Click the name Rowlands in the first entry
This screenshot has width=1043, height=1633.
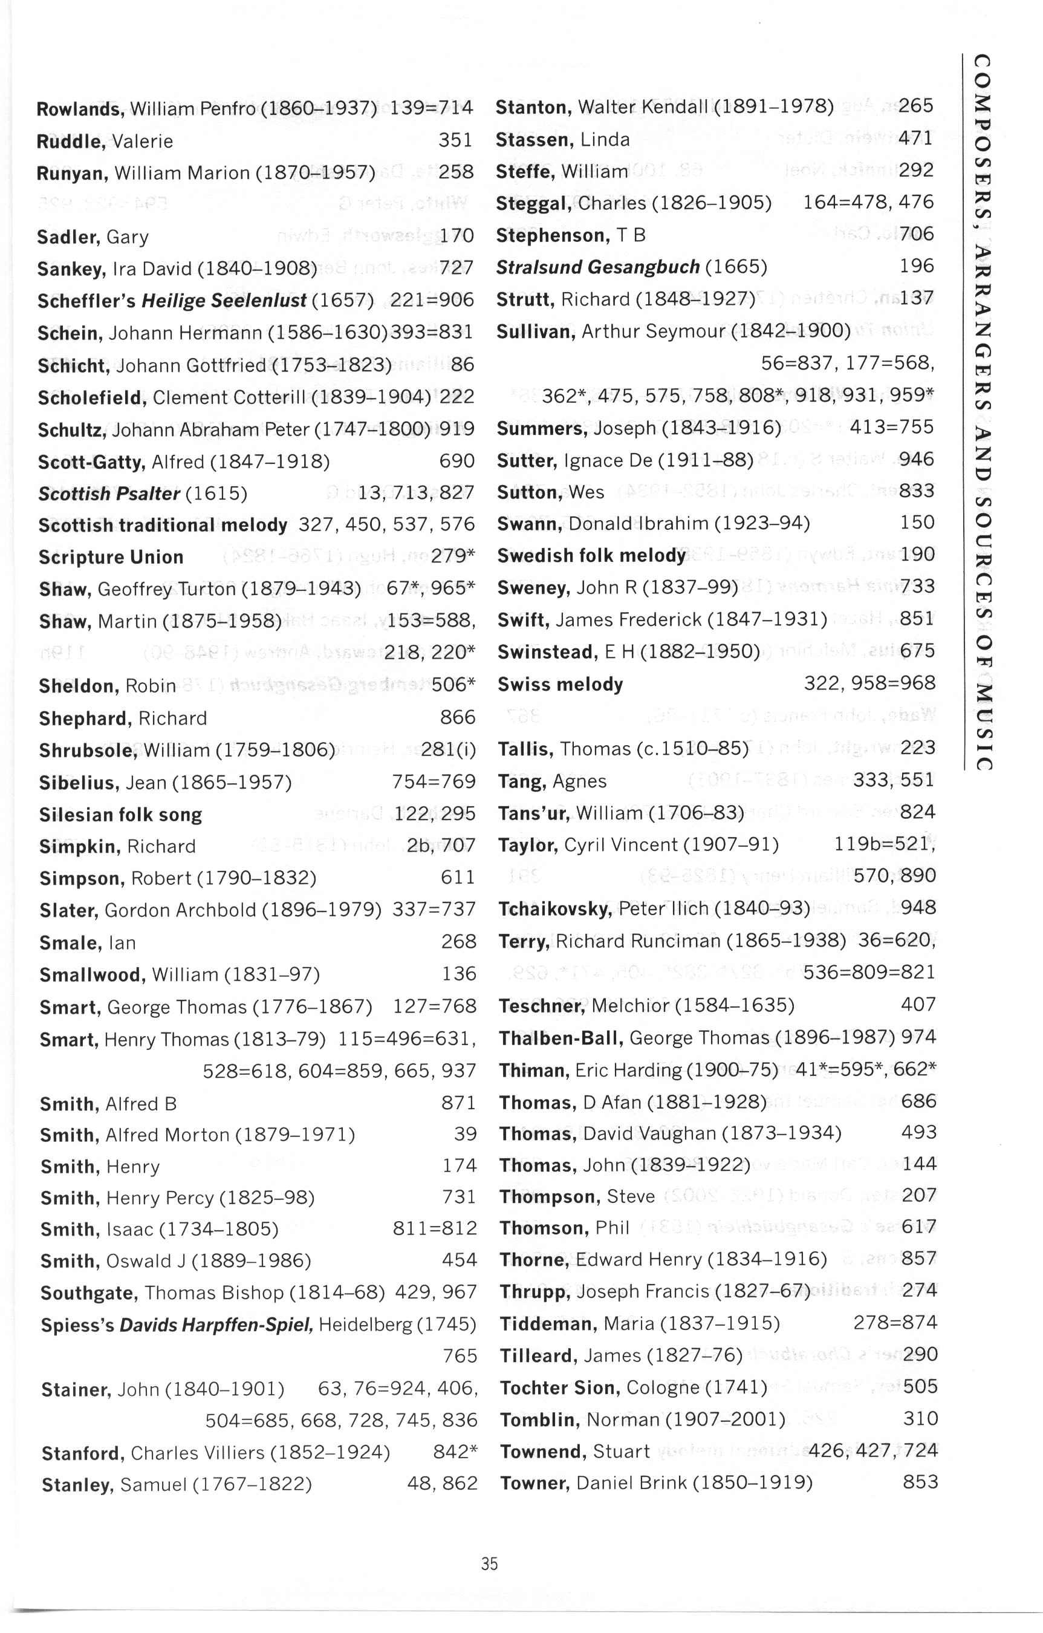80,108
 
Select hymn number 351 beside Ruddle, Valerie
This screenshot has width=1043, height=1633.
455,140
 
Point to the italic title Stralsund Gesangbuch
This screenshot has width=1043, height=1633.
597,267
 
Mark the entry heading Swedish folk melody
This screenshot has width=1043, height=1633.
591,555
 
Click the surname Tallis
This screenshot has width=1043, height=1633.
525,749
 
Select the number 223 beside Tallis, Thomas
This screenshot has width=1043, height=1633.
918,748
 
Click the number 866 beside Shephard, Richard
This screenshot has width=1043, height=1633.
458,717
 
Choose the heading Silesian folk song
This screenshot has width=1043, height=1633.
120,815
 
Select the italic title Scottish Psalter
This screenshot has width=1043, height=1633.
108,493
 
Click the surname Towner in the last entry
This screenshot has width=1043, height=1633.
534,1483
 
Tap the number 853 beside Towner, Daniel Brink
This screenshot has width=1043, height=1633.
920,1482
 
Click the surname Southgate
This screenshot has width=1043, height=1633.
89,1292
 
